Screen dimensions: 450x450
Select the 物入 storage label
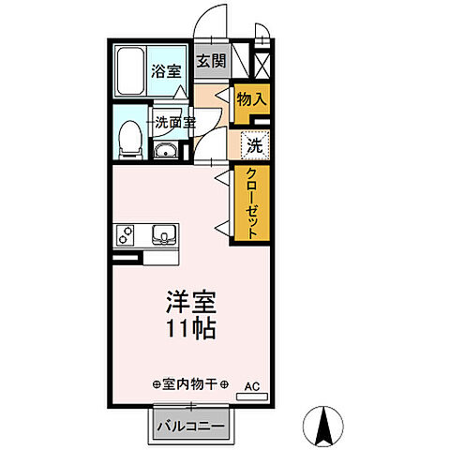250,97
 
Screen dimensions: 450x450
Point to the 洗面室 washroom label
175,121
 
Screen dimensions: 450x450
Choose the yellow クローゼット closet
252,204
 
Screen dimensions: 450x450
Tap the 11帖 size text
192,330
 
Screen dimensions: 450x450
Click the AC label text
250,384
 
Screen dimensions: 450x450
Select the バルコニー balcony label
189,425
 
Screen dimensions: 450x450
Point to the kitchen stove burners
126,234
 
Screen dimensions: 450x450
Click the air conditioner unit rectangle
250,397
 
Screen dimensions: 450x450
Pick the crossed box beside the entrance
262,66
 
